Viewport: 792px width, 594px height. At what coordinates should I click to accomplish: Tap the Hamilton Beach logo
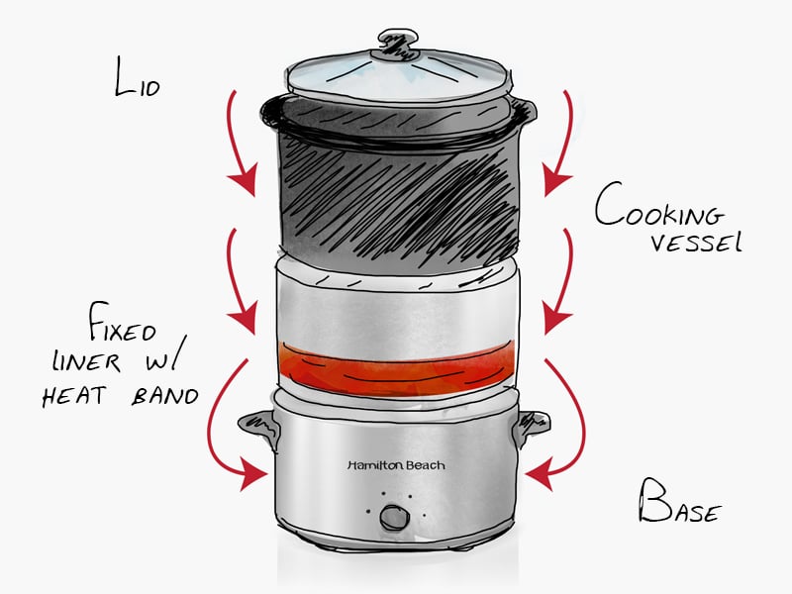[x=396, y=464]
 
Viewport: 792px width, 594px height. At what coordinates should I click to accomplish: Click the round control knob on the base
[x=395, y=517]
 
